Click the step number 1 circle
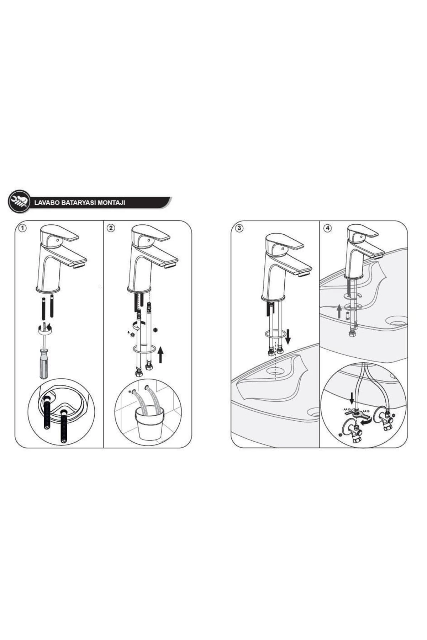tap(22, 228)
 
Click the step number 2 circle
tap(111, 228)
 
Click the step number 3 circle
tap(239, 228)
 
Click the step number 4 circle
tap(327, 228)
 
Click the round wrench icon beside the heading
tap(19, 202)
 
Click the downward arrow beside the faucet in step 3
tap(288, 336)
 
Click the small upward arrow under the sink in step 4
tap(339, 311)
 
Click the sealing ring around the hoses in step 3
tap(275, 334)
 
